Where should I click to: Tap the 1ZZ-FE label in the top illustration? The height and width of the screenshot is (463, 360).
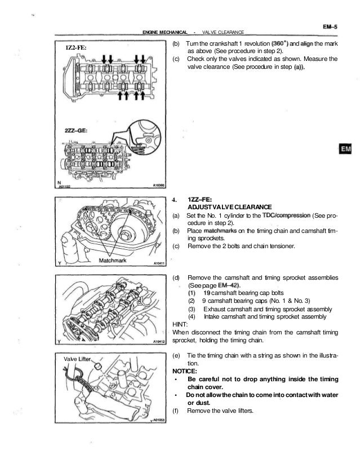coord(75,48)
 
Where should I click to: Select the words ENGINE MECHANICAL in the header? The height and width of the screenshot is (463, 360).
coord(165,32)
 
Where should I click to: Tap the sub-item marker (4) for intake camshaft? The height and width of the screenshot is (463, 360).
coord(192,317)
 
